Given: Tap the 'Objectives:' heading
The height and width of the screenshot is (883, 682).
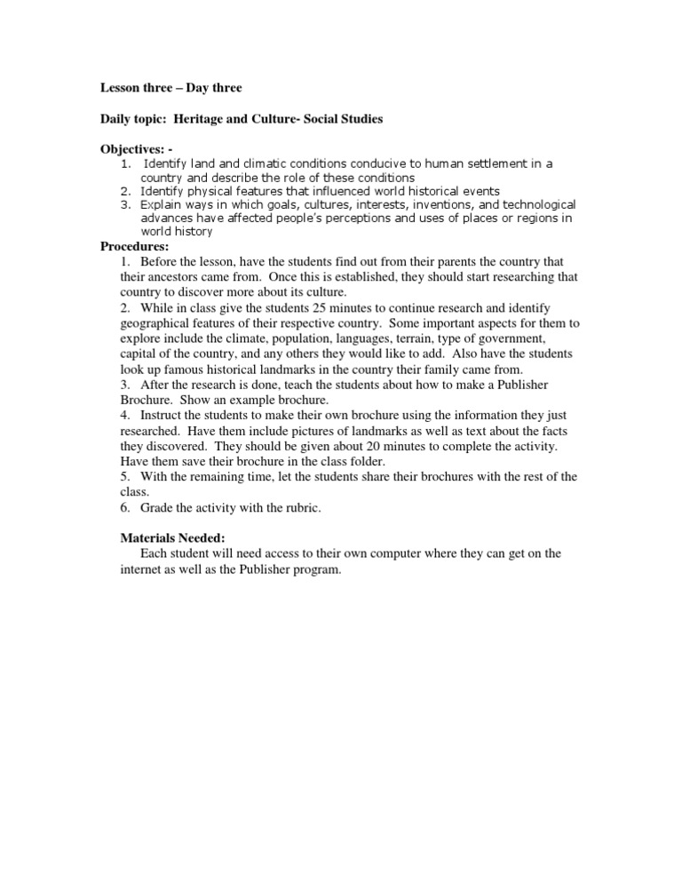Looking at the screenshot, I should tap(137, 148).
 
